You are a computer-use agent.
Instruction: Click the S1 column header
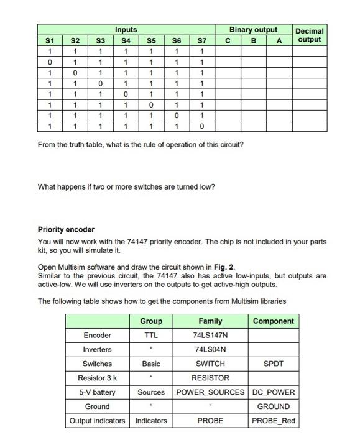tap(50, 40)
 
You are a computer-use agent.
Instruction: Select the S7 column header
tap(201, 40)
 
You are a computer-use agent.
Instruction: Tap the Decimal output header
tap(310, 35)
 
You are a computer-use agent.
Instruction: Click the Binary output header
tap(253, 30)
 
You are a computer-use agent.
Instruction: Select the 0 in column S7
tap(201, 126)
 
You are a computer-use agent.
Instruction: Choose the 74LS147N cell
tap(211, 335)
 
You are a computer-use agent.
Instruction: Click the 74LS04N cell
tap(211, 349)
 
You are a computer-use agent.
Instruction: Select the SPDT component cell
tap(274, 364)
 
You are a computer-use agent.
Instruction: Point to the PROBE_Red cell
tap(274, 421)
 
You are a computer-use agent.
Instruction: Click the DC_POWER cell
tap(274, 392)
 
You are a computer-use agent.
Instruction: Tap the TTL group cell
tap(151, 335)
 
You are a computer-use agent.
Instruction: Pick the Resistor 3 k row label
tap(97, 378)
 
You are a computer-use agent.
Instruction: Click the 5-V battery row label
tap(97, 392)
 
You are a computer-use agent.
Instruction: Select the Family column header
tap(211, 321)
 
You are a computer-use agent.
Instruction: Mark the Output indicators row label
tap(97, 421)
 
